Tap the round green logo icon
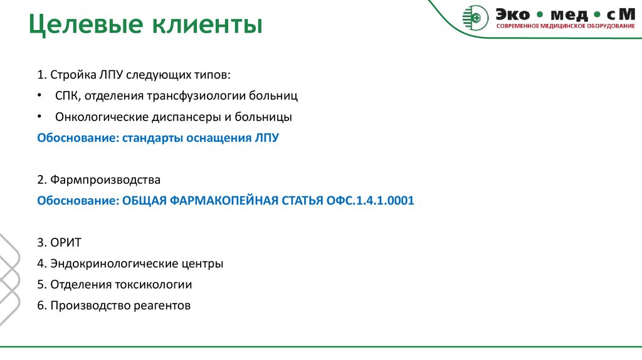click(475, 17)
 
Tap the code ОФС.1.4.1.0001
click(370, 201)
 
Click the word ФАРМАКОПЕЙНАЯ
click(219, 201)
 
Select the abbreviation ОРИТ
click(66, 243)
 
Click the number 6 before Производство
click(40, 305)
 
